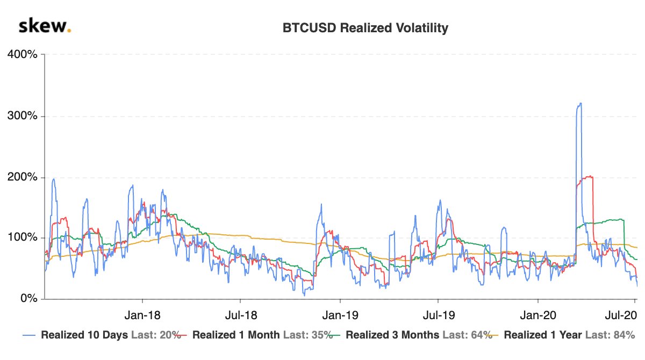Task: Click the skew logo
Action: pos(45,26)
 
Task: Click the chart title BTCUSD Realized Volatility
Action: pos(365,28)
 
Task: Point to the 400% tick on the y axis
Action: pos(22,55)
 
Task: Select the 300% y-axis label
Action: pos(22,116)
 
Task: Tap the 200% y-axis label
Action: pos(22,177)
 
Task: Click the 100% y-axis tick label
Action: pos(22,237)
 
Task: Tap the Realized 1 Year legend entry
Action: pos(543,335)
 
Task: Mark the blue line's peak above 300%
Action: pos(579,104)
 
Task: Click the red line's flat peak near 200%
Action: pos(587,176)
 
